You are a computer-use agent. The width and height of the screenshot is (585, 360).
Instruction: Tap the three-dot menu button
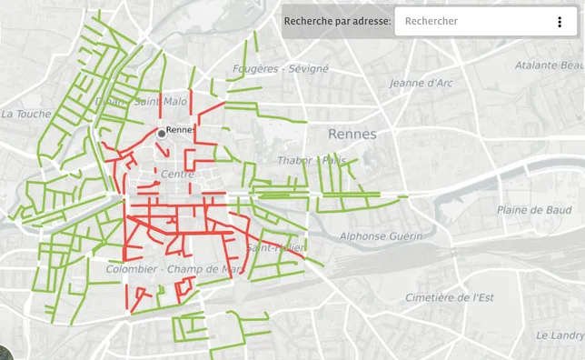coord(560,22)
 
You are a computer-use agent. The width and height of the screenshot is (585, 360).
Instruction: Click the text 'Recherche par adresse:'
coord(337,21)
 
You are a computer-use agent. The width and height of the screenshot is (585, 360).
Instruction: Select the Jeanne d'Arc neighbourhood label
coord(421,84)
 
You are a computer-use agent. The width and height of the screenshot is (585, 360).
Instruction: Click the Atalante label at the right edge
coord(549,65)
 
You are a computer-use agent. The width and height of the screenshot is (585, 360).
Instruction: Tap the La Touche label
coord(26,114)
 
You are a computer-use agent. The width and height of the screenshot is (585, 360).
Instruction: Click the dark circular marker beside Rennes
coord(162,133)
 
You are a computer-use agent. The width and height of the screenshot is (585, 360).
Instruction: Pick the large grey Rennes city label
coord(352,134)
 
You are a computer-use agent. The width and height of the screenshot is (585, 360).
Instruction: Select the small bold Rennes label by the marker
coord(182,130)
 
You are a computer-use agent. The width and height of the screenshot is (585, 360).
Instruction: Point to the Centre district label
coord(178,174)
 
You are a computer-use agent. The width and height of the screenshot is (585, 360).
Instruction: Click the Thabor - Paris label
coord(313,161)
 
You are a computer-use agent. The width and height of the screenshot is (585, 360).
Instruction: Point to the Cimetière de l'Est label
coord(449,297)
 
